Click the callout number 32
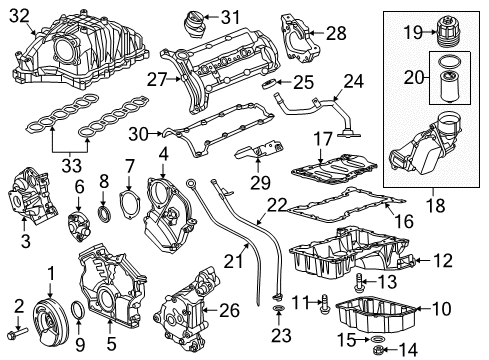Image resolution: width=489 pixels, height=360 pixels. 19,15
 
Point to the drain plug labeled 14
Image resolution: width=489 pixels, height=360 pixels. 379,349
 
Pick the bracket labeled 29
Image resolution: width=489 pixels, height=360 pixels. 261,160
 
